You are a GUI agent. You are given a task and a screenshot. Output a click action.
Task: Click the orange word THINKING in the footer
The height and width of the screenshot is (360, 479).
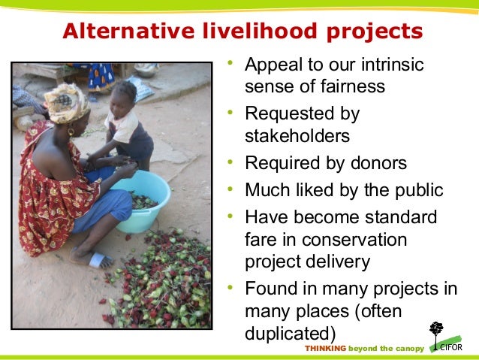[x=325, y=349]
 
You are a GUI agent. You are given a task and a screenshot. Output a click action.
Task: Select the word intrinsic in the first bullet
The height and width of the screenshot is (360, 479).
[x=387, y=65]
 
